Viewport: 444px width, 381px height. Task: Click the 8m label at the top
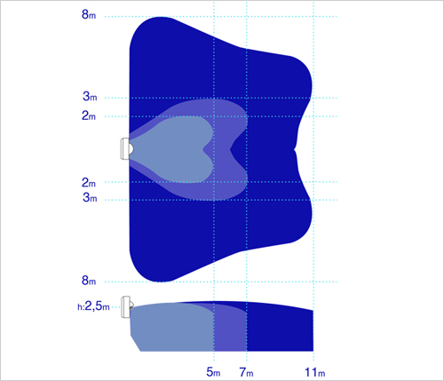click(89, 14)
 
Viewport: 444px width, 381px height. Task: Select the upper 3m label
click(90, 96)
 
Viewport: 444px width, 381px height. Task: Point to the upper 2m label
click(89, 115)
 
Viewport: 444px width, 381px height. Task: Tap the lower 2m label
click(89, 182)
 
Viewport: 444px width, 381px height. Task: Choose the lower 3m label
click(90, 197)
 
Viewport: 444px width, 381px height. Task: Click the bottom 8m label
click(89, 280)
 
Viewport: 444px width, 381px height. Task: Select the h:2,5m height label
click(93, 306)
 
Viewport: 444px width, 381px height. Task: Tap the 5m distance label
click(213, 372)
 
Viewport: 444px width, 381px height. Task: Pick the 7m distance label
click(246, 372)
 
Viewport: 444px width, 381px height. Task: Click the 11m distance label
click(315, 372)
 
